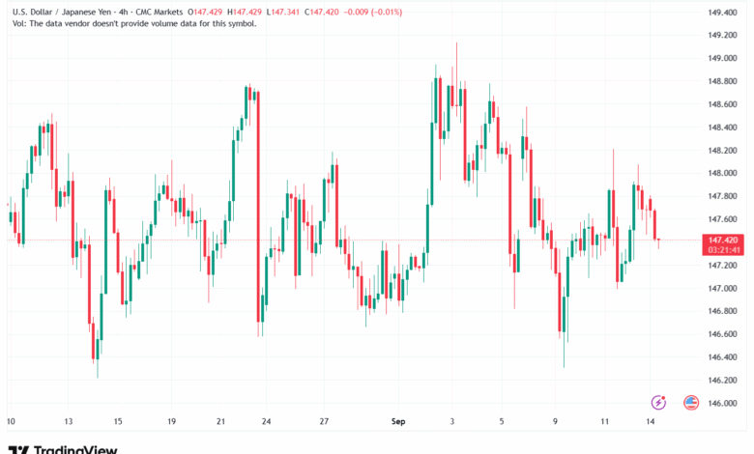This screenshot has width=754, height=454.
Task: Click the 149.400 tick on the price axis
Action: [x=725, y=13]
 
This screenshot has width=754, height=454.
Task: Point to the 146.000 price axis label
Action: [x=725, y=404]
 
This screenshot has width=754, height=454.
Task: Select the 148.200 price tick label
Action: [x=725, y=151]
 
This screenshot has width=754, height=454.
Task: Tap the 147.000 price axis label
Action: [x=725, y=289]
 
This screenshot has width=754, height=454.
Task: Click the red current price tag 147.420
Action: [x=724, y=240]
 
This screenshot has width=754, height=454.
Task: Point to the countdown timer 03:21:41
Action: [x=724, y=249]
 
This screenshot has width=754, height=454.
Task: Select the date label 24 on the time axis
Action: [x=265, y=422]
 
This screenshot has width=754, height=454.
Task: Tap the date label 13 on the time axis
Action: [x=70, y=422]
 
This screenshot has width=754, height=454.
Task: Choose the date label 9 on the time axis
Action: [x=557, y=422]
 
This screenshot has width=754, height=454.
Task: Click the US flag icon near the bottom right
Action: [x=691, y=402]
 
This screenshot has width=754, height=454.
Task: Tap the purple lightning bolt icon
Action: [x=659, y=402]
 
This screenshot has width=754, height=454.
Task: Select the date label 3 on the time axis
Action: [x=452, y=422]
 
